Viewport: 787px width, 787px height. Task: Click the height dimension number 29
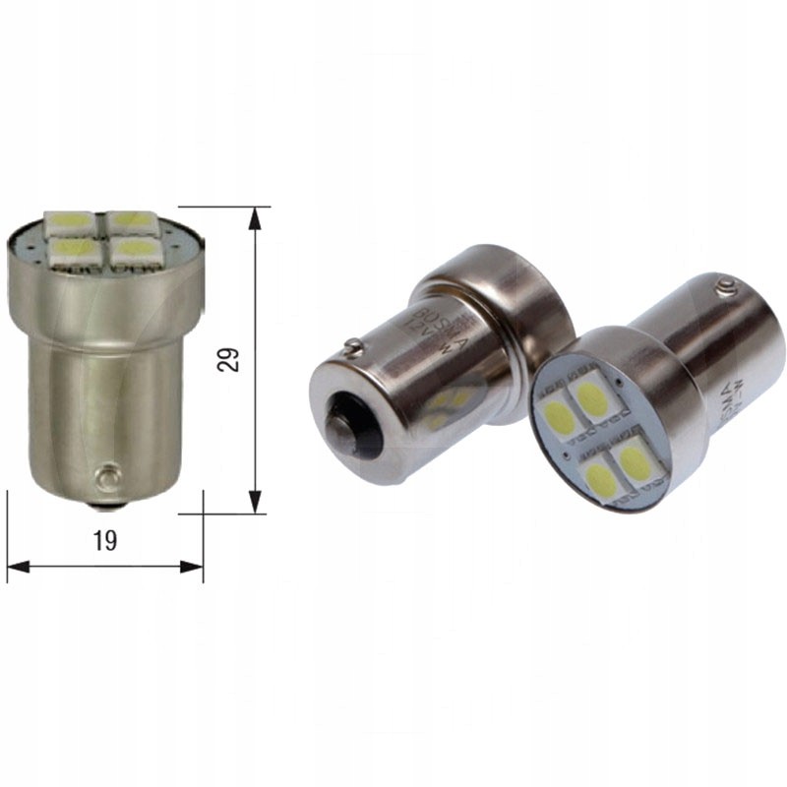(230, 358)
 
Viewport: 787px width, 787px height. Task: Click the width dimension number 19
(105, 540)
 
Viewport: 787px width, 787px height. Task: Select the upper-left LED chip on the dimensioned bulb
(70, 221)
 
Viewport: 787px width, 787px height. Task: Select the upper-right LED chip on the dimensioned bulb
(129, 220)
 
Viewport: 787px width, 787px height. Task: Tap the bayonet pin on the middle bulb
(352, 346)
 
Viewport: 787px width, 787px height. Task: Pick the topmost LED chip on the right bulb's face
(592, 397)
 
